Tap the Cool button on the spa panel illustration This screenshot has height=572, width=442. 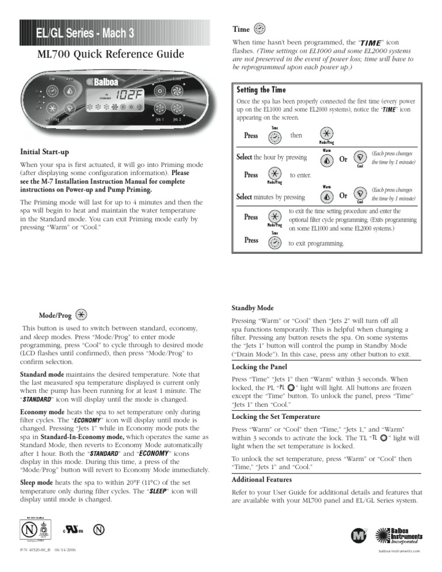tap(69, 109)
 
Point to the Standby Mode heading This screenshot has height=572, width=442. tap(253, 308)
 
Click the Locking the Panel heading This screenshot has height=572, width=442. tap(260, 367)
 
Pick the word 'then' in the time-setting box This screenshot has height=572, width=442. tap(296, 135)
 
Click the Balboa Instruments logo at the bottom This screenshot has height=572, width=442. tap(397, 536)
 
